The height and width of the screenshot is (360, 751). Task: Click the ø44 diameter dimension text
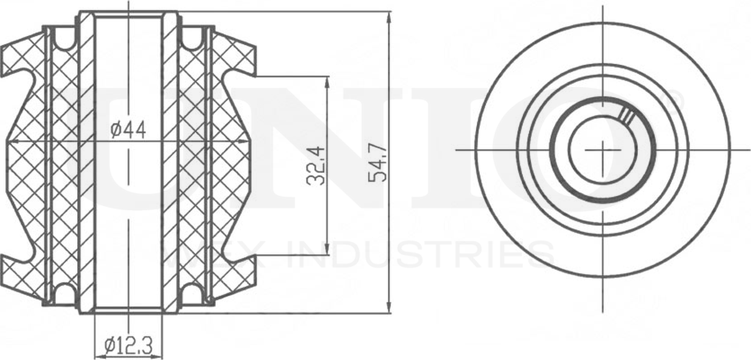128,130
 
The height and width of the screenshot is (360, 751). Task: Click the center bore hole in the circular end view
601,150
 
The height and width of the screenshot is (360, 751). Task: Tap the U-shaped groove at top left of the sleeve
64,40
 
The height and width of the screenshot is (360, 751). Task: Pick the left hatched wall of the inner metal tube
86,162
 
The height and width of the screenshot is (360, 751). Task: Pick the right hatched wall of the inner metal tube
170,162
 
